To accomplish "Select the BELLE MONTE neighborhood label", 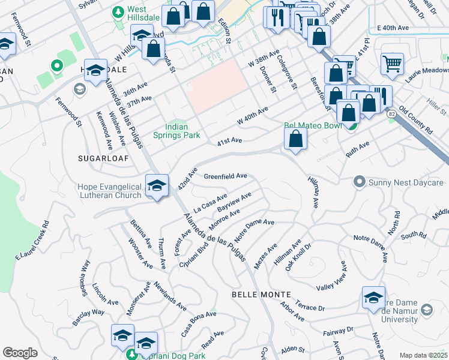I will [261, 295].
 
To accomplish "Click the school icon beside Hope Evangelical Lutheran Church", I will [157, 186].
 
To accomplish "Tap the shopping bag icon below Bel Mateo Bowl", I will [296, 139].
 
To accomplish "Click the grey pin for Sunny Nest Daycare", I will [360, 181].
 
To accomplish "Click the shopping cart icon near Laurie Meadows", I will [392, 63].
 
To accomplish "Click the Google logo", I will [20, 352].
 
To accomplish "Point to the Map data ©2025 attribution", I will [423, 355].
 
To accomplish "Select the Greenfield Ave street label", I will [226, 176].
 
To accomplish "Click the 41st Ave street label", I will [229, 141].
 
